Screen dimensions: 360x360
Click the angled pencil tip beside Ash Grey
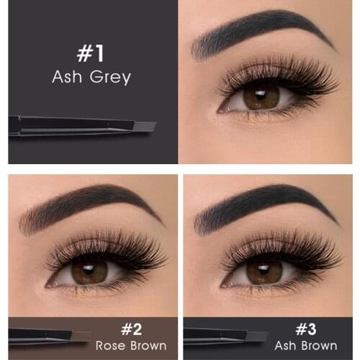point(144,126)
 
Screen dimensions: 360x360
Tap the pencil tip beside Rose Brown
point(81,336)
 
